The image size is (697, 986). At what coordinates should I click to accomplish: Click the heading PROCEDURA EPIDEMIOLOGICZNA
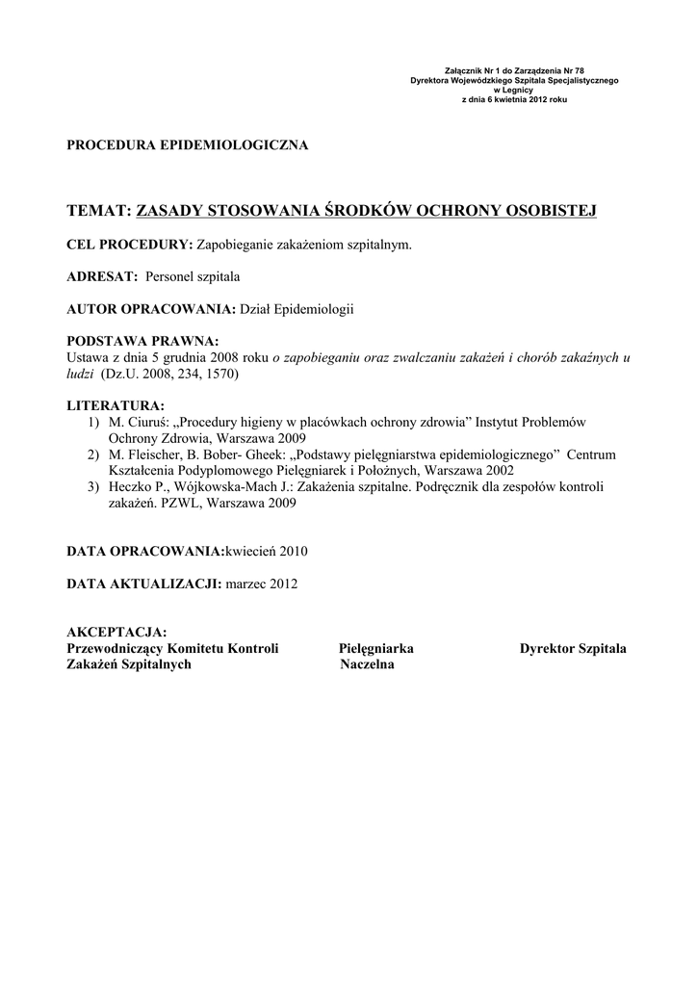pyautogui.click(x=187, y=145)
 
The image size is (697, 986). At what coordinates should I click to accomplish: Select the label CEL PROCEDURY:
pyautogui.click(x=130, y=245)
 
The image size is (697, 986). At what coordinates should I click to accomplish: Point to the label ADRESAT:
pyautogui.click(x=102, y=276)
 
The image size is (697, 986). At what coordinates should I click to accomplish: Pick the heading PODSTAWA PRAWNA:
pyautogui.click(x=142, y=342)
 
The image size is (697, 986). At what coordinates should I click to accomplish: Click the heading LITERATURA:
pyautogui.click(x=115, y=405)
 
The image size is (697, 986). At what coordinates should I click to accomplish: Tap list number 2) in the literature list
pyautogui.click(x=92, y=454)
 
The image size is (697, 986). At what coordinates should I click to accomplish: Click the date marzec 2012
pyautogui.click(x=261, y=584)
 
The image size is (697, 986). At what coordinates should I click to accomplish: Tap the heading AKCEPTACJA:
pyautogui.click(x=116, y=632)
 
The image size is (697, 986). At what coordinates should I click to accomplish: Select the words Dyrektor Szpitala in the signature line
pyautogui.click(x=573, y=648)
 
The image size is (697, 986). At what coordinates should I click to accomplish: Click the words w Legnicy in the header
pyautogui.click(x=514, y=90)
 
